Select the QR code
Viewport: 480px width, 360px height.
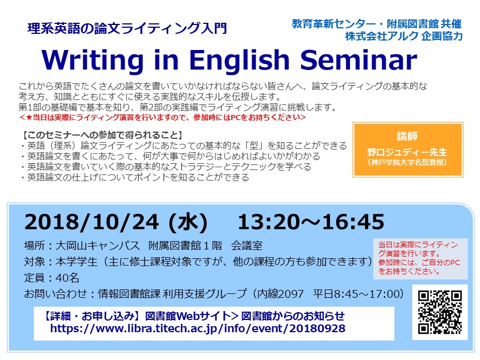(x=440, y=312)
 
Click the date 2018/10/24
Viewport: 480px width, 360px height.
(x=92, y=222)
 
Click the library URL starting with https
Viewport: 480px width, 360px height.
(x=198, y=328)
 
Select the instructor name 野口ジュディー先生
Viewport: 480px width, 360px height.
(x=407, y=152)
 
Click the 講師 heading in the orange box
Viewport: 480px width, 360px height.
(x=407, y=136)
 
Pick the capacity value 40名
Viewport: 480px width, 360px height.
(x=67, y=278)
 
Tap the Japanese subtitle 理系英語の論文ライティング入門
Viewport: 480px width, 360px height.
(x=127, y=28)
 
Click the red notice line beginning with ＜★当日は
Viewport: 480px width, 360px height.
(x=163, y=117)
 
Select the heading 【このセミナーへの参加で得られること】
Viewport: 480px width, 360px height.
(x=103, y=135)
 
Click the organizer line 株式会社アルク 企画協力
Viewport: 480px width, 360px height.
(x=404, y=36)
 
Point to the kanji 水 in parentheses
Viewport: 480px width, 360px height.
(x=188, y=222)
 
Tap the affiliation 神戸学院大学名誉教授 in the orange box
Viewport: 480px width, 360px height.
(x=407, y=162)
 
